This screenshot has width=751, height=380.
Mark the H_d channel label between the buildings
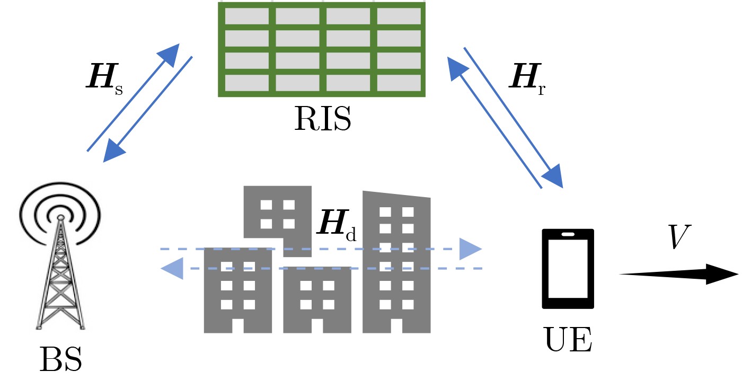click(x=336, y=225)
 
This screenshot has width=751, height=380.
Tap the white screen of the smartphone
click(x=568, y=269)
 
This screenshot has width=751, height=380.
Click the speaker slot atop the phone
click(x=568, y=234)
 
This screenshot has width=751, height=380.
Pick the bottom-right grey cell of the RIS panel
click(x=399, y=83)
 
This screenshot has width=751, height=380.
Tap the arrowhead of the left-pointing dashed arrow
click(x=172, y=269)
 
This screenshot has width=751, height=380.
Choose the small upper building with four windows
click(x=277, y=212)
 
